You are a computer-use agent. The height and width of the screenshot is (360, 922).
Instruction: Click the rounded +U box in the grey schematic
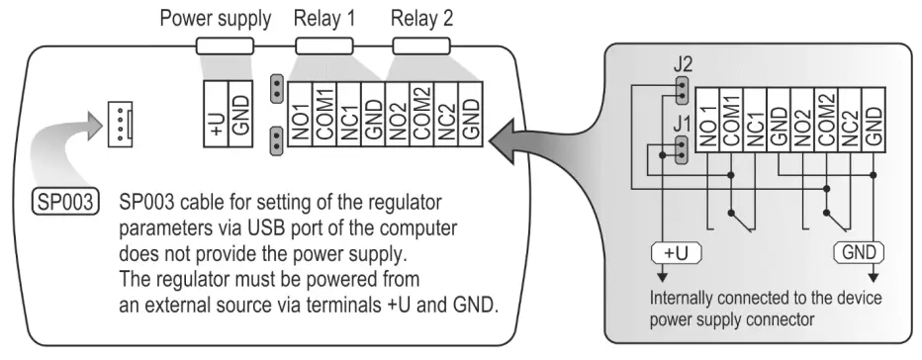pyautogui.click(x=675, y=253)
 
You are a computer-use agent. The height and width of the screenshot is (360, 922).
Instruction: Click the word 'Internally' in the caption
pyautogui.click(x=673, y=298)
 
